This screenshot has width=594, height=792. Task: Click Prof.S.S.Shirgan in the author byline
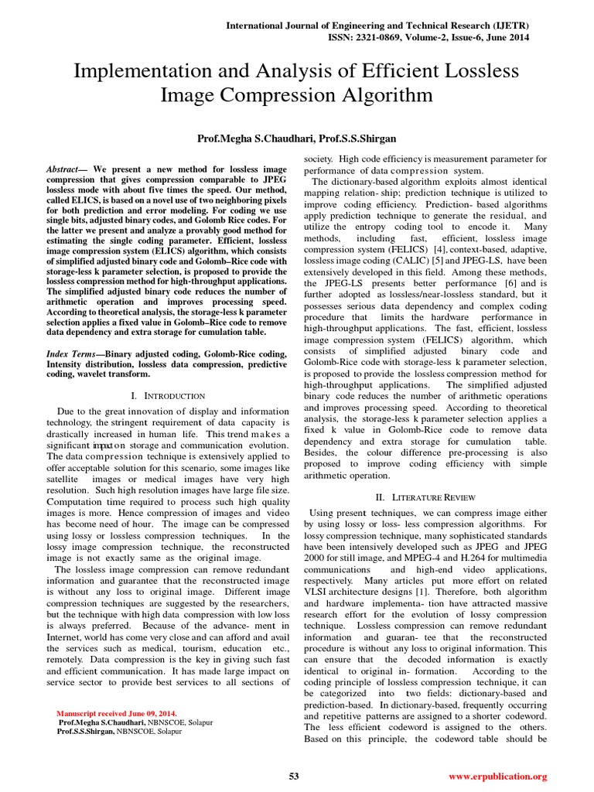tap(359, 137)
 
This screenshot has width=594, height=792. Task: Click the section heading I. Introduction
tap(168, 396)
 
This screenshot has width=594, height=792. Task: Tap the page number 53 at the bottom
tap(294, 776)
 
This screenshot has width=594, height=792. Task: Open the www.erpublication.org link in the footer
tap(497, 776)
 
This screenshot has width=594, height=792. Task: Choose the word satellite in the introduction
tap(65, 480)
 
